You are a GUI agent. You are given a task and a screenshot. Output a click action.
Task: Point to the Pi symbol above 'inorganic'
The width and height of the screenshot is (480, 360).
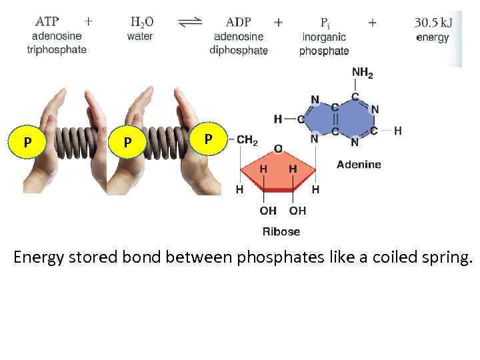tap(323, 22)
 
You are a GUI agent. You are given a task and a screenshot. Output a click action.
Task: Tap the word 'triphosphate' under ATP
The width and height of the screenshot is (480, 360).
tap(57, 50)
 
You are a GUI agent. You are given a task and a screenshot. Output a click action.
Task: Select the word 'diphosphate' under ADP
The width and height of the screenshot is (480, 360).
tap(238, 50)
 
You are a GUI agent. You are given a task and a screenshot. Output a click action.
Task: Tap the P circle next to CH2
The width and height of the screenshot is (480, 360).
tap(208, 139)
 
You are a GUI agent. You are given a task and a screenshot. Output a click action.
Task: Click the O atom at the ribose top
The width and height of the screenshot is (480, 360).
tap(278, 148)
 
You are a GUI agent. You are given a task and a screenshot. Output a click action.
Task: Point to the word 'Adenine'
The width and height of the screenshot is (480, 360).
tap(359, 164)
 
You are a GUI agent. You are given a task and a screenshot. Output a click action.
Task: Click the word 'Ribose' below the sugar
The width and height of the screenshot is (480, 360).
tap(281, 231)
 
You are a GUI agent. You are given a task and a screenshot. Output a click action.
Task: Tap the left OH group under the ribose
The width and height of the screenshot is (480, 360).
tap(268, 211)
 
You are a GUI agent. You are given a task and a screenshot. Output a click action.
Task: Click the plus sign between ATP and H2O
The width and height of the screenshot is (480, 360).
tap(89, 21)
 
